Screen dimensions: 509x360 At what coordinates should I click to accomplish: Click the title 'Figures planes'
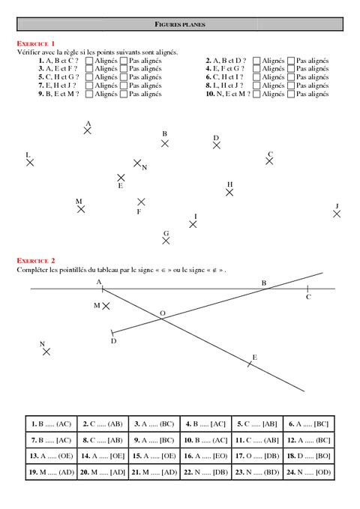point(180,25)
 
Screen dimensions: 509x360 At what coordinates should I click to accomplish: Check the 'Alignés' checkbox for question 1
point(89,60)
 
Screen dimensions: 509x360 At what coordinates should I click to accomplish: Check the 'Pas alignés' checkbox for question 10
point(291,94)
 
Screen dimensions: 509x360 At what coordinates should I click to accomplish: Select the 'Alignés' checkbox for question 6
point(256,77)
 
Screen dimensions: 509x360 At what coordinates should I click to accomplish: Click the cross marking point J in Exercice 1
point(337,214)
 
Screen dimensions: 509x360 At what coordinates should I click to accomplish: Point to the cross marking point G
point(166,241)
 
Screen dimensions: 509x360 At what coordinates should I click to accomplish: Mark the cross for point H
point(229,192)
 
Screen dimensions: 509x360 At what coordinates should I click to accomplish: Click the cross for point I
point(193,223)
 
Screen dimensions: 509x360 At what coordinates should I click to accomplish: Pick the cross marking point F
point(141,202)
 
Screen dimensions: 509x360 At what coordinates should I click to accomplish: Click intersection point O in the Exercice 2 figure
point(163,319)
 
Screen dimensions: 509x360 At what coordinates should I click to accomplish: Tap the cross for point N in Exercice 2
point(46,351)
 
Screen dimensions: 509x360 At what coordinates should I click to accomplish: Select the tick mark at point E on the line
point(250,364)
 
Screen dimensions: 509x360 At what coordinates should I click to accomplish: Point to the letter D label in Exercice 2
point(113,341)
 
